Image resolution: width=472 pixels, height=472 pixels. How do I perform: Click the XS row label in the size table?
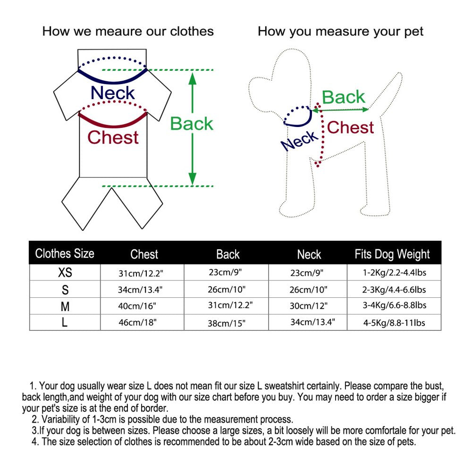[x=65, y=273]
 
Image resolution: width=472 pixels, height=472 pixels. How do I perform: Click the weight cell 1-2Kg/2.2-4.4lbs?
[x=395, y=273]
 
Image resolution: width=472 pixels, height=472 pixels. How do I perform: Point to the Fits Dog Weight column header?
[x=392, y=254]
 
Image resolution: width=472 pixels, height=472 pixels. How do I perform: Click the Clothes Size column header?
[x=65, y=254]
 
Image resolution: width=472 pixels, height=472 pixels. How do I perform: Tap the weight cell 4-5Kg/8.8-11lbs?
[x=394, y=323]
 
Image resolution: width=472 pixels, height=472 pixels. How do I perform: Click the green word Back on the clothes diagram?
[x=192, y=124]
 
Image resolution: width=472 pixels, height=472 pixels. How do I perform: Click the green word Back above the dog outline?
[x=343, y=98]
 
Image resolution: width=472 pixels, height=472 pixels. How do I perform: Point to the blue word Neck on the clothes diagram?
[x=112, y=93]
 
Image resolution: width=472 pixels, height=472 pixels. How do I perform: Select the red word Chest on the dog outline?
[x=350, y=127]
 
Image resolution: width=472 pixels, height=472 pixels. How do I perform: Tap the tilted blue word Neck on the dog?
[x=300, y=141]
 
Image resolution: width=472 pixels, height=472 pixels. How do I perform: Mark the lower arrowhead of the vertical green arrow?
[x=192, y=179]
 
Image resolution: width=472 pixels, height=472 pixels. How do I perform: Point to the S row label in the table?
[x=65, y=289]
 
